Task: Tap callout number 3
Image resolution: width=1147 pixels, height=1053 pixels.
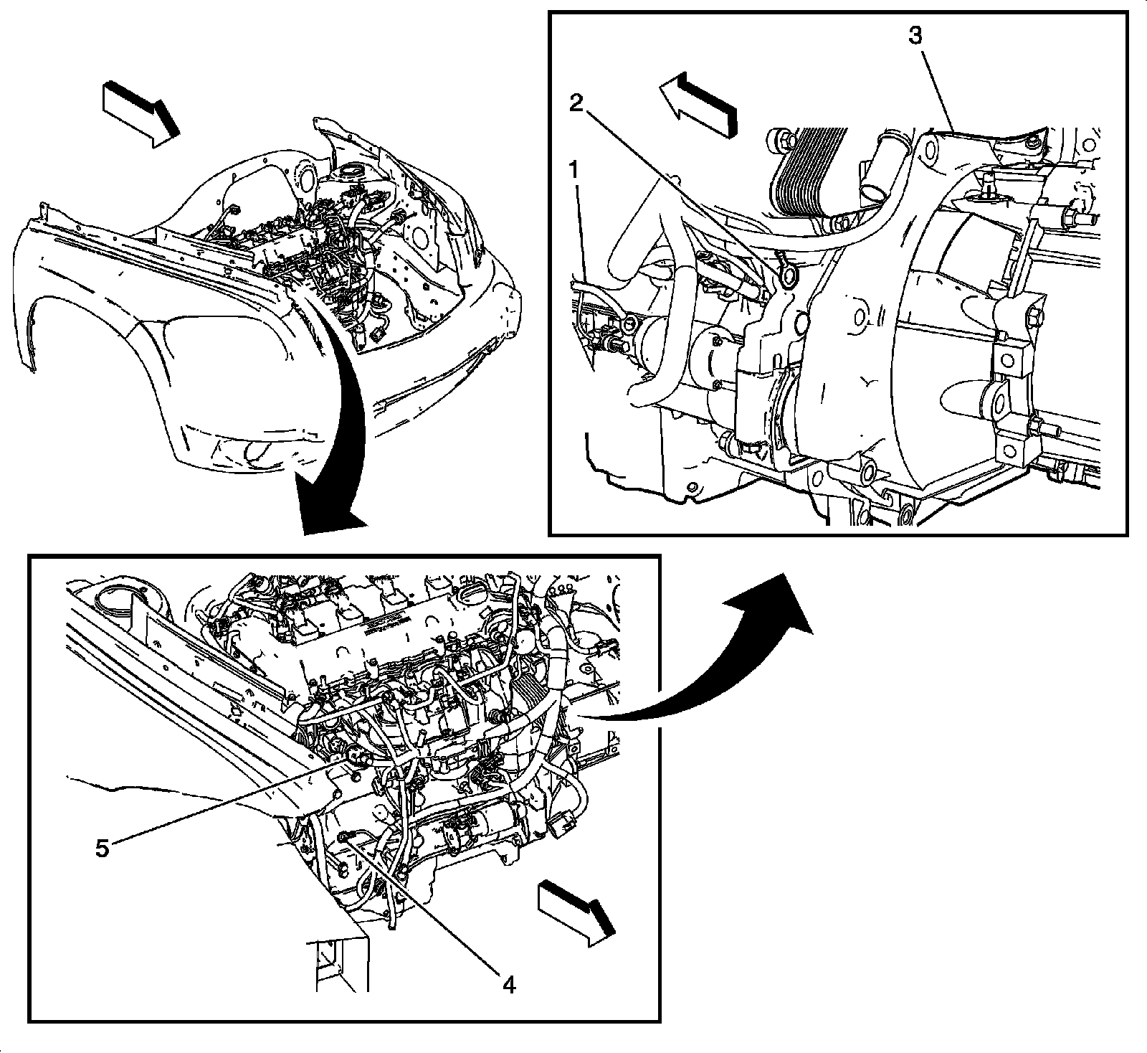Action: click(x=915, y=36)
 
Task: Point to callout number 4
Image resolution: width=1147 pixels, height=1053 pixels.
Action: click(x=508, y=986)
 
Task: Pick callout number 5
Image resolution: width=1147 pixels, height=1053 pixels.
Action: click(x=102, y=848)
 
